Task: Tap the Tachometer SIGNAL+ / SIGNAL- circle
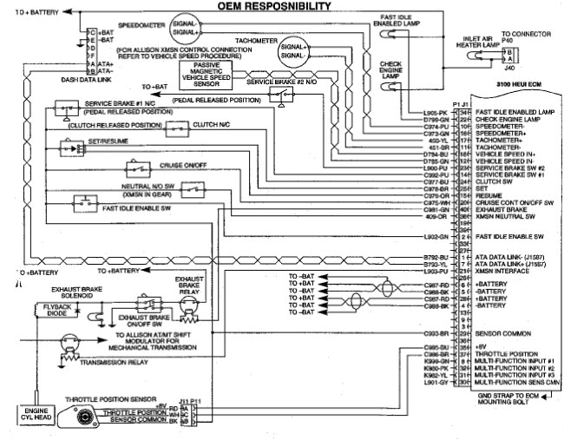292,54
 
